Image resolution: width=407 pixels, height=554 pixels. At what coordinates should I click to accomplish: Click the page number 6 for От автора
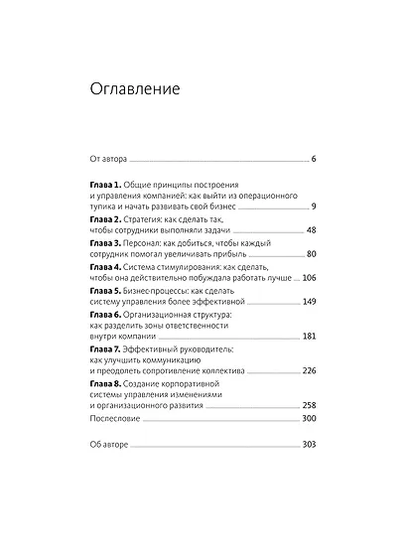pos(312,158)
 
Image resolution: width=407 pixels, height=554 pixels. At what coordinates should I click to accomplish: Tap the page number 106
pos(307,278)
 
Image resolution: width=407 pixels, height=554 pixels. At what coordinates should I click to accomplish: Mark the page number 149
pos(307,302)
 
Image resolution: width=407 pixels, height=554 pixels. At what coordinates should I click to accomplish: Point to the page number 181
pos(307,338)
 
